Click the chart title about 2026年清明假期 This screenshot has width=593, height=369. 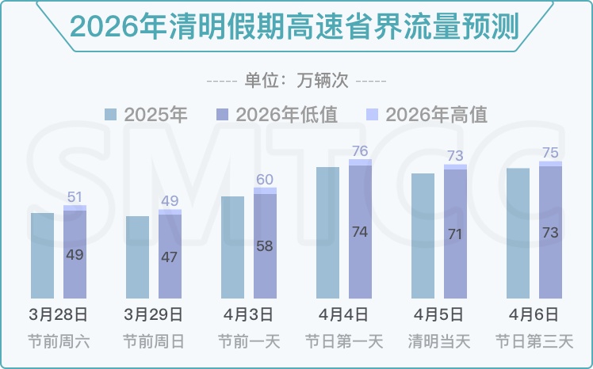coord(294,27)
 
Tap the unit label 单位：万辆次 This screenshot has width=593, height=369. coord(296,81)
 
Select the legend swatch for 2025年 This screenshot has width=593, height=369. coord(112,115)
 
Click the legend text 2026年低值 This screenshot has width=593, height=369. coord(287,115)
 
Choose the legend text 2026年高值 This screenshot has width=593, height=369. coord(436,115)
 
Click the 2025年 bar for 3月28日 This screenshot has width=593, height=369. coord(42,255)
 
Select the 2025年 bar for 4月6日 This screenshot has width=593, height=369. coord(518,233)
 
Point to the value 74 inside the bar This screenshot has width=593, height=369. coord(360,232)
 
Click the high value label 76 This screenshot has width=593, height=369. coord(360,151)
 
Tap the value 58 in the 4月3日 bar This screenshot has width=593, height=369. coord(265,246)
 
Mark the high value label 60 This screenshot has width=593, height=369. coord(265,180)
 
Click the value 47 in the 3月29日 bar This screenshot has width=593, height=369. coord(170,257)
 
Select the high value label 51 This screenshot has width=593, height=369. coord(75,197)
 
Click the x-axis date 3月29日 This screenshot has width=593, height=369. coord(154,314)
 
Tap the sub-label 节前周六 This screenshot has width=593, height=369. coord(59,342)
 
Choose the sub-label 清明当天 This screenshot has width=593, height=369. coord(439,342)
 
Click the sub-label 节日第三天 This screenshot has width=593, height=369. coord(534,342)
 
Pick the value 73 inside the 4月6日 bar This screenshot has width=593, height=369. coord(550,233)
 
